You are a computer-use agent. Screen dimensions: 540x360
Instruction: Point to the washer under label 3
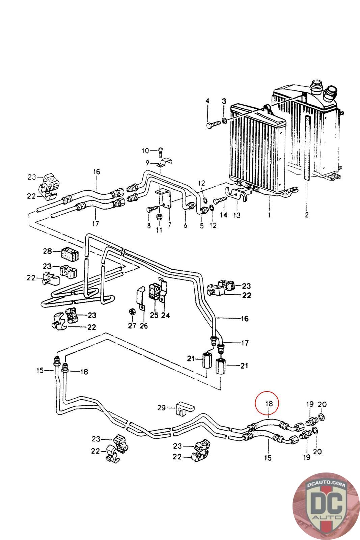[224, 121]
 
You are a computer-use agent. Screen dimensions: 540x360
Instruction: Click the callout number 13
[237, 215]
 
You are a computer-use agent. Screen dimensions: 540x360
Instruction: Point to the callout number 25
[154, 315]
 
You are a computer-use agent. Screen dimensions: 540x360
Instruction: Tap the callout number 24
[165, 315]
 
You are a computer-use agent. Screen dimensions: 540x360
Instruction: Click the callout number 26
[144, 326]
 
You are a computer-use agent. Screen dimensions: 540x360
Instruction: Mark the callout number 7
[169, 225]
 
